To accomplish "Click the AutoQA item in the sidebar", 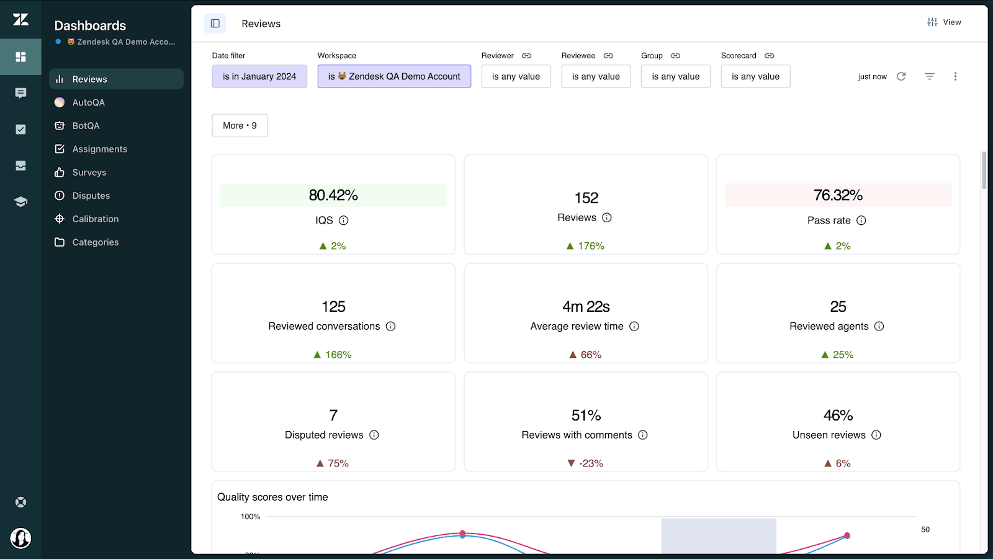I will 88,102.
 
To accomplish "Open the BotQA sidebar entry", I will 86,125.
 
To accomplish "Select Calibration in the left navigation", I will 95,219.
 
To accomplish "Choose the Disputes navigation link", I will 91,196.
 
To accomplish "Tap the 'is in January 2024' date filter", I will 259,76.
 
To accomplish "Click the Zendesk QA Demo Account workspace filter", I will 394,76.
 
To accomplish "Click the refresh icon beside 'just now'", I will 901,76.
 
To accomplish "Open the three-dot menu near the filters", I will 955,76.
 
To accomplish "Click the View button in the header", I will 944,22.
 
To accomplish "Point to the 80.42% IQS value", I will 333,195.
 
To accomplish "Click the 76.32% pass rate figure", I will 838,195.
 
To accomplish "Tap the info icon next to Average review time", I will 634,326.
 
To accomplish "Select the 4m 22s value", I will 586,307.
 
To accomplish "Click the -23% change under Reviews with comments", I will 586,463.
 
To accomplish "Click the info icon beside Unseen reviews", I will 876,435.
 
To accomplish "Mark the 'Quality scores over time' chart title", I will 272,497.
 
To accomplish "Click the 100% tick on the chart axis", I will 251,517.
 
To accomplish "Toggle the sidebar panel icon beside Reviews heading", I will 215,24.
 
